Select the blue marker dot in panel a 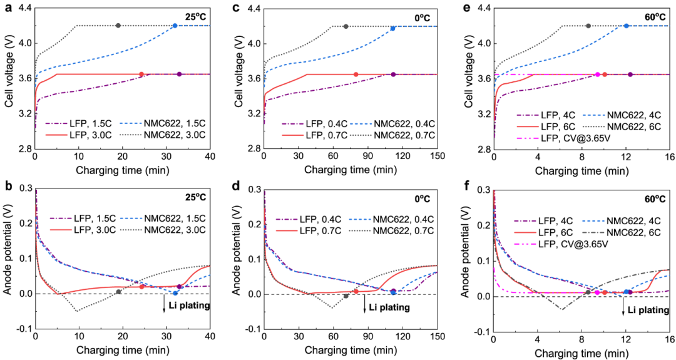coord(175,26)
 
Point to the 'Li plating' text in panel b coord(188,306)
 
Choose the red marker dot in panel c coord(356,75)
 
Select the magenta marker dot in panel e coord(597,75)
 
